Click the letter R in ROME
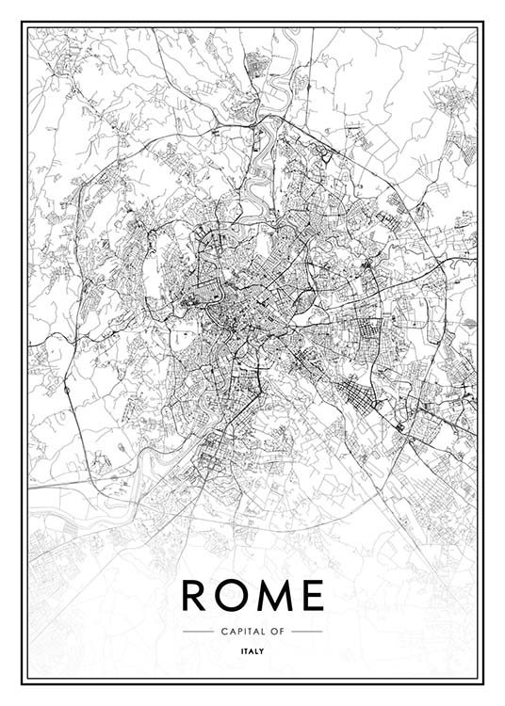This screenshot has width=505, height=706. tap(193, 595)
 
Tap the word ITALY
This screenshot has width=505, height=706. tap(252, 648)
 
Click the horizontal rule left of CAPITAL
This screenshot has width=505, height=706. tap(198, 630)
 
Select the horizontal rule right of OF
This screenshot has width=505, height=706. tap(307, 630)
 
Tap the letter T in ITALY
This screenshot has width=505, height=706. tap(247, 648)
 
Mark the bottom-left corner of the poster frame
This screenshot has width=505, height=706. tap(26, 680)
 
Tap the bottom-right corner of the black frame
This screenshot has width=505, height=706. tap(479, 680)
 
